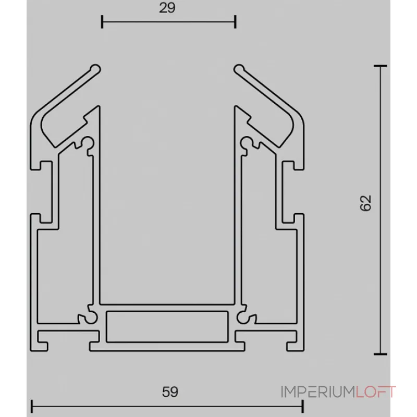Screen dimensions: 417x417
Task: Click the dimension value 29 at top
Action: pos(168,8)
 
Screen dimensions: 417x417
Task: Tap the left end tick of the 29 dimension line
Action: pos(102,22)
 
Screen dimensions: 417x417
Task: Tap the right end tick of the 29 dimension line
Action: pos(236,22)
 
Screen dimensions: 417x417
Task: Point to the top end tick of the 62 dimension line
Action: pos(381,66)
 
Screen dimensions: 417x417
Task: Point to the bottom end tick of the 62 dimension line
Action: pos(381,353)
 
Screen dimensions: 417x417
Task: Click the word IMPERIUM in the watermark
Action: pos(318,392)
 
